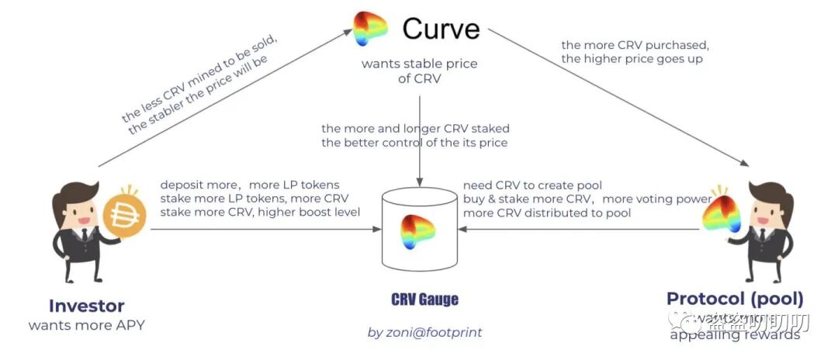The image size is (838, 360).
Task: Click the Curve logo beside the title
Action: point(370,29)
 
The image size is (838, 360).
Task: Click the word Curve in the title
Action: point(441,29)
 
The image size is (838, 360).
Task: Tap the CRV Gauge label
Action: point(424,299)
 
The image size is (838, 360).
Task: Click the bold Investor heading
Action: point(86,305)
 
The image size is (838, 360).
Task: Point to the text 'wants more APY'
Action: point(86,325)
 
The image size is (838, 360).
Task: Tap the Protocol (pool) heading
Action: point(735,299)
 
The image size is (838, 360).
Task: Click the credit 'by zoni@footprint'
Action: point(424,332)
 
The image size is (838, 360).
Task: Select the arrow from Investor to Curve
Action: point(225,97)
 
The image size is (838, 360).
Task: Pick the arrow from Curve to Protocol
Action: point(621,97)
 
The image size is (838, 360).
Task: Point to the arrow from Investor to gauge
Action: point(264,229)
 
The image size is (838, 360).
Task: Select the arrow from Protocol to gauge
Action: point(582,229)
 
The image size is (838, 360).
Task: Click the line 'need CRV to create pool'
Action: point(532,185)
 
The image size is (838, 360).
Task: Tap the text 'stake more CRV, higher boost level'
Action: point(260,212)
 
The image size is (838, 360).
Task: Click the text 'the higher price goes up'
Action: point(632,59)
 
